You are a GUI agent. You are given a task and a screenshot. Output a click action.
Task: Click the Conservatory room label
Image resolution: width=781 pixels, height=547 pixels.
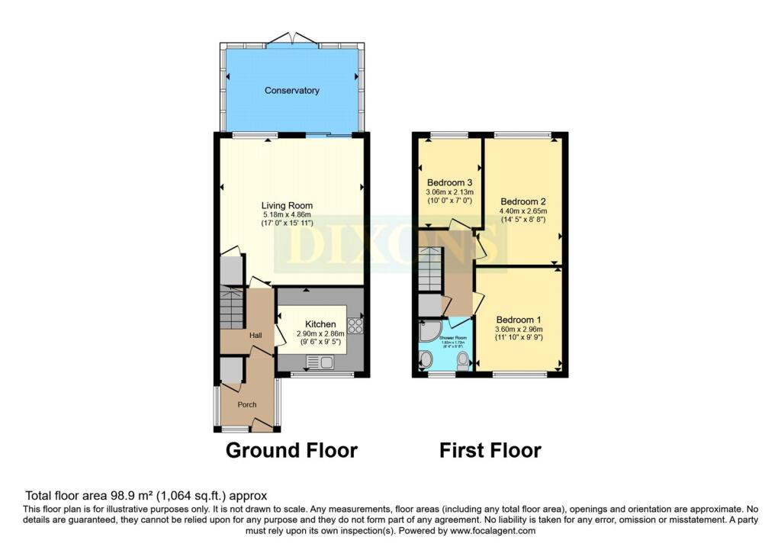pyautogui.click(x=291, y=91)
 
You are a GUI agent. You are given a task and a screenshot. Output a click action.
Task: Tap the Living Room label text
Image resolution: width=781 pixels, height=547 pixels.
pyautogui.click(x=287, y=205)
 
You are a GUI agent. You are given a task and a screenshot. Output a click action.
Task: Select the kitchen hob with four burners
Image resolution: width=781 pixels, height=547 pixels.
pyautogui.click(x=355, y=326)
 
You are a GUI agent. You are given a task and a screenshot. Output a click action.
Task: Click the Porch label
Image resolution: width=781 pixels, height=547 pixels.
pyautogui.click(x=246, y=404)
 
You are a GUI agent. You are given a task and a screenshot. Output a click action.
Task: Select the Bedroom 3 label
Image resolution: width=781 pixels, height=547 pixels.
pyautogui.click(x=449, y=182)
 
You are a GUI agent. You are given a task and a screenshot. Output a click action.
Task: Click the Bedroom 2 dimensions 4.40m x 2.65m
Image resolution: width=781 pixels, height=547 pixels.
pyautogui.click(x=522, y=211)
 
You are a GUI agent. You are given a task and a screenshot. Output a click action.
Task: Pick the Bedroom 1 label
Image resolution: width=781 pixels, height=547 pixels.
pyautogui.click(x=519, y=319)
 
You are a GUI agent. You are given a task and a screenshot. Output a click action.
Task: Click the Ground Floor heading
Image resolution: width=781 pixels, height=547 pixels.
pyautogui.click(x=291, y=450)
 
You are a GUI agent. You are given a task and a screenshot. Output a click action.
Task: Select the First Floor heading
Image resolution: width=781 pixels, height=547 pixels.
pyautogui.click(x=490, y=450)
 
